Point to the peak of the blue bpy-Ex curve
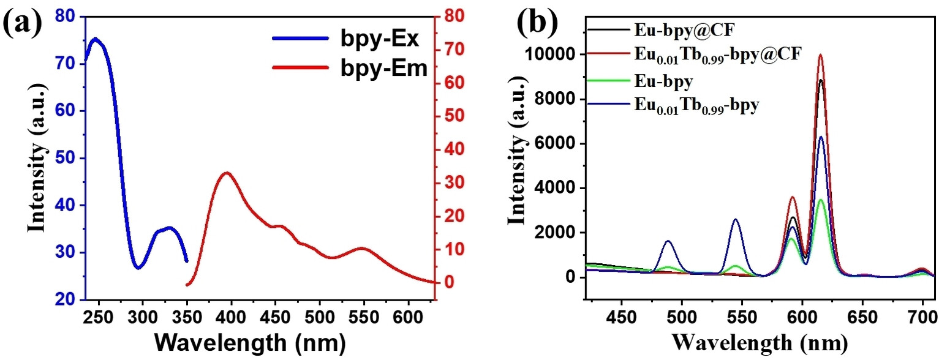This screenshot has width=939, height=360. click(95, 39)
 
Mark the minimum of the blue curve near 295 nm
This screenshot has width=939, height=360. click(138, 268)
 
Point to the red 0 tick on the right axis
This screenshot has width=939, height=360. click(448, 283)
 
